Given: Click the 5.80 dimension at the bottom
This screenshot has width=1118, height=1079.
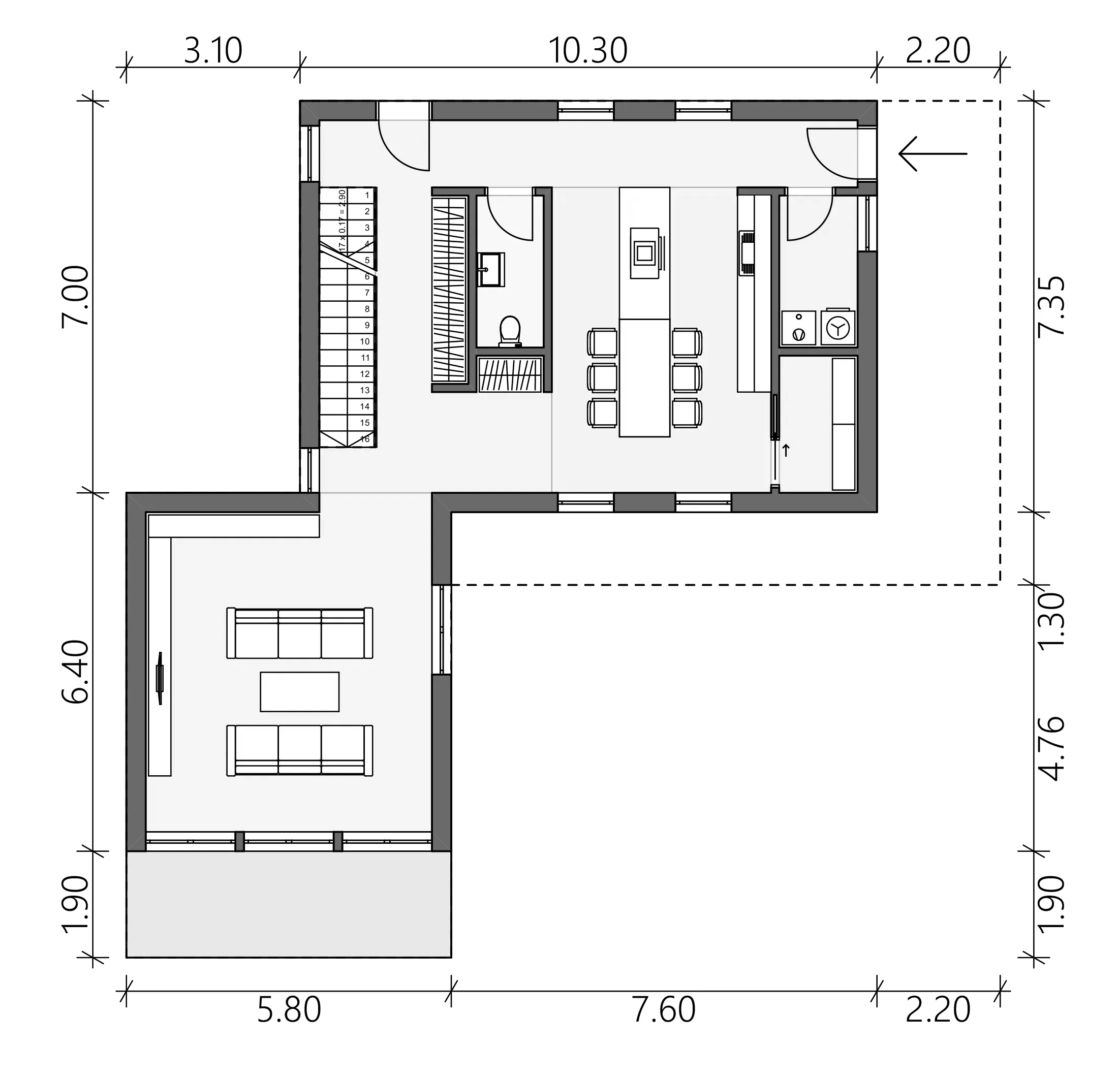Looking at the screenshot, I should pyautogui.click(x=289, y=1010).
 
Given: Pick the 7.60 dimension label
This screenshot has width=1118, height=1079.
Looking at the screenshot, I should pyautogui.click(x=664, y=1010).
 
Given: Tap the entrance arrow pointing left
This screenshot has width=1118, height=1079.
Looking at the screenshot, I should pyautogui.click(x=933, y=153).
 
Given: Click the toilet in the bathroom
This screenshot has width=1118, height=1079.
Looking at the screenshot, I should pyautogui.click(x=510, y=331).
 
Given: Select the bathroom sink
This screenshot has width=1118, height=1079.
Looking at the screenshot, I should pyautogui.click(x=491, y=269).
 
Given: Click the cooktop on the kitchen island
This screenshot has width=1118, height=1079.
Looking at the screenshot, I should pyautogui.click(x=644, y=252).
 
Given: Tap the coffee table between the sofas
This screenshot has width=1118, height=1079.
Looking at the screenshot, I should pyautogui.click(x=299, y=691).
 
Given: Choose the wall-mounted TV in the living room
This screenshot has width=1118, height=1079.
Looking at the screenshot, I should pyautogui.click(x=160, y=678).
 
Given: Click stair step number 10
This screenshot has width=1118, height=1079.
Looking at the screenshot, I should pyautogui.click(x=365, y=341).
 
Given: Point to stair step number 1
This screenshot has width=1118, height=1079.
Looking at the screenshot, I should pyautogui.click(x=367, y=195).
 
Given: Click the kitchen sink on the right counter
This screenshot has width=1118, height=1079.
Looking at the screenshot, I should pyautogui.click(x=746, y=253).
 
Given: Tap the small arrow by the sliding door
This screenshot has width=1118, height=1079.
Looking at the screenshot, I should pyautogui.click(x=786, y=451).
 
